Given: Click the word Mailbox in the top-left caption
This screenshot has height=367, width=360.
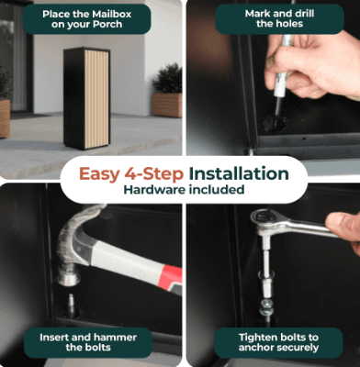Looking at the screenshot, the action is pyautogui.click(x=113, y=14).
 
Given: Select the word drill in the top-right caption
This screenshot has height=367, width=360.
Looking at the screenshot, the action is pyautogui.click(x=302, y=14).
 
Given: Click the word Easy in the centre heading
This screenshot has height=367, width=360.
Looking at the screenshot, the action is pyautogui.click(x=99, y=174).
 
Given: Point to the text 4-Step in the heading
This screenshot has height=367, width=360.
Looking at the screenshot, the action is pyautogui.click(x=154, y=173).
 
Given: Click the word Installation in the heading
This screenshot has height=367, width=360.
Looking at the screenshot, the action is pyautogui.click(x=239, y=173).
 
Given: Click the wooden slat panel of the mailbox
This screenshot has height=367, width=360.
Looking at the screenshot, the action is pyautogui.click(x=96, y=99).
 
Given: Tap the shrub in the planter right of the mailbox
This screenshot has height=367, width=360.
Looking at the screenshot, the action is pyautogui.click(x=167, y=79).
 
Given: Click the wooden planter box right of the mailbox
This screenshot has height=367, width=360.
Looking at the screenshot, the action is pyautogui.click(x=167, y=106).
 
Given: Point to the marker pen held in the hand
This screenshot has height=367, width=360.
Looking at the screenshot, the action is pyautogui.click(x=281, y=81).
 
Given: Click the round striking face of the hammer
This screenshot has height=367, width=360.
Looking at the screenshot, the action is pyautogui.click(x=68, y=278).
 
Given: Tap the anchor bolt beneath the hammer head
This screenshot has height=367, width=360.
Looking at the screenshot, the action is pyautogui.click(x=71, y=306).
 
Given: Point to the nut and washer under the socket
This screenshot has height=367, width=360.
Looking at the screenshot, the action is pyautogui.click(x=266, y=307).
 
